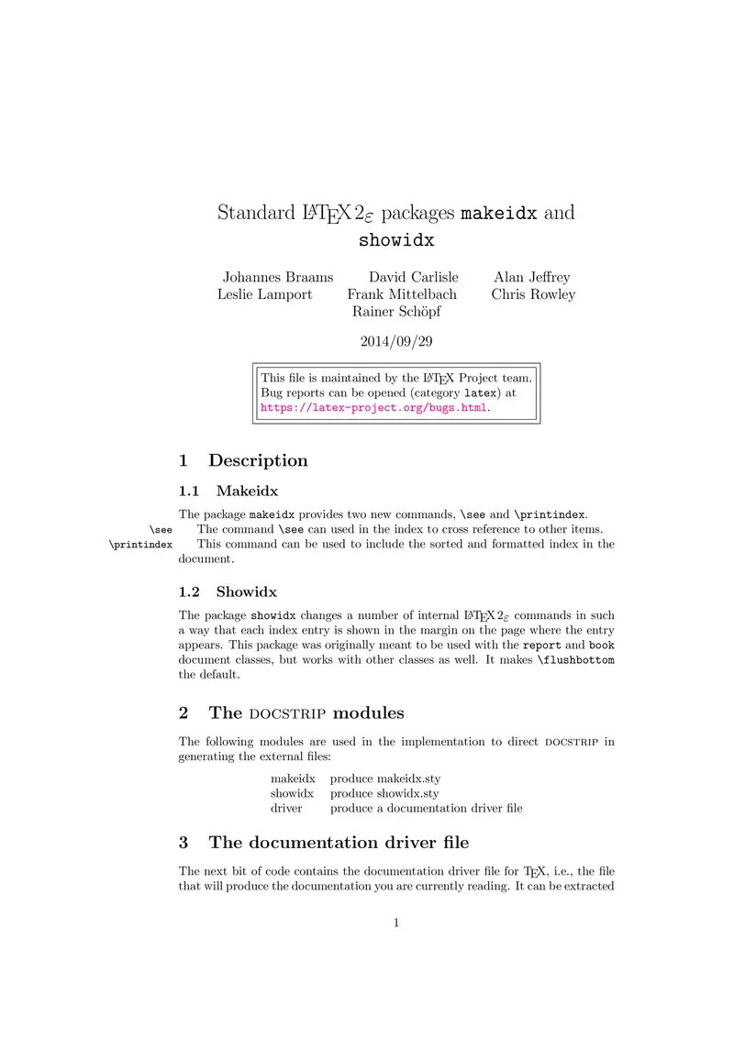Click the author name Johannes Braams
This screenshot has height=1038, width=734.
tap(278, 277)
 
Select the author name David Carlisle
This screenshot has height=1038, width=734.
tap(413, 277)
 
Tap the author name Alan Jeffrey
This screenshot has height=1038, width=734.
tap(531, 277)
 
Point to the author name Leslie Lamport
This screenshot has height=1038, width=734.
tap(264, 294)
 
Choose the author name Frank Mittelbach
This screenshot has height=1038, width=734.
tap(402, 294)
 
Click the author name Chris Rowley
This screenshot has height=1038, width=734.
tap(533, 294)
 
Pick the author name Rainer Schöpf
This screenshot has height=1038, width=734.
tap(396, 312)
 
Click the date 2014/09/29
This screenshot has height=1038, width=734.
tap(396, 341)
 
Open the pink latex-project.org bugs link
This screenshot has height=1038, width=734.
tap(374, 407)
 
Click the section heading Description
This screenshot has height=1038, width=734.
tap(258, 460)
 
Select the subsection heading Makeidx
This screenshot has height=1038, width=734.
tap(247, 491)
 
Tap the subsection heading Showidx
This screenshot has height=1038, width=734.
tap(246, 591)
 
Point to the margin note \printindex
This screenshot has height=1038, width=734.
tap(140, 544)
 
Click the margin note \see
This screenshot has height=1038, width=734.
tap(161, 529)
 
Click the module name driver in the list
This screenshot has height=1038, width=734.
tap(286, 808)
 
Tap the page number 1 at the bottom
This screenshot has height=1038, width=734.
tap(396, 922)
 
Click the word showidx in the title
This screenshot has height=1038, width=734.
tap(395, 242)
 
